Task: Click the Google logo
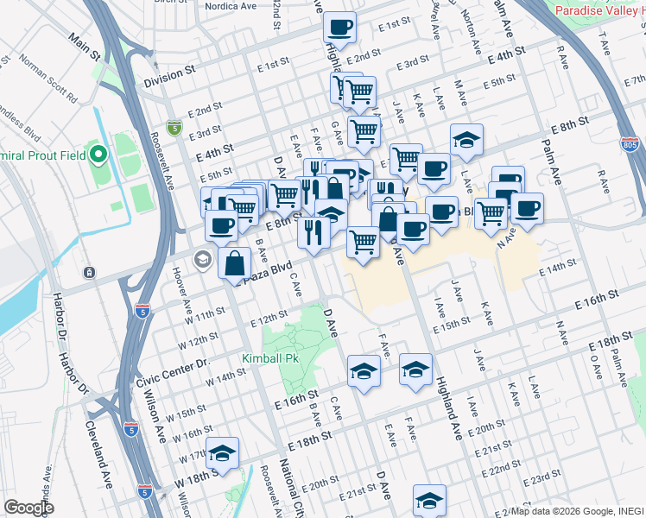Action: pos(29,507)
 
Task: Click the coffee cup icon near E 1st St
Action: pos(340,27)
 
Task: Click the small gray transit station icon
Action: pos(89,273)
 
